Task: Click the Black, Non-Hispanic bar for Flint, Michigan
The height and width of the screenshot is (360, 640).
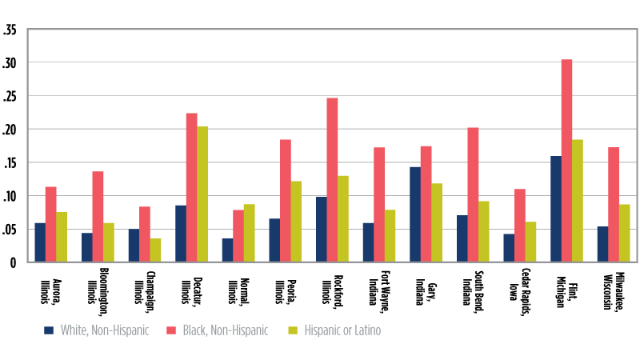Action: pyautogui.click(x=566, y=161)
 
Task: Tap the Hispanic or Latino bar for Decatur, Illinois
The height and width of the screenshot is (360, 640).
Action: pyautogui.click(x=202, y=194)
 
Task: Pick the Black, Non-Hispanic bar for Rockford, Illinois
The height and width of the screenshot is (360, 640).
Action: pyautogui.click(x=332, y=180)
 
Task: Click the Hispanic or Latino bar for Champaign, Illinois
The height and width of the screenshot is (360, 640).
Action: pyautogui.click(x=155, y=250)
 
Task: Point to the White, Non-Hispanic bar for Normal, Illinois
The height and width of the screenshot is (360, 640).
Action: pyautogui.click(x=227, y=250)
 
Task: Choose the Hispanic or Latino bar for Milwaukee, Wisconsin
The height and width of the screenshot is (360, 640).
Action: pyautogui.click(x=624, y=233)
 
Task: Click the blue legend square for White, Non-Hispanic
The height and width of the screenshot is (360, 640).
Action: pyautogui.click(x=50, y=330)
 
